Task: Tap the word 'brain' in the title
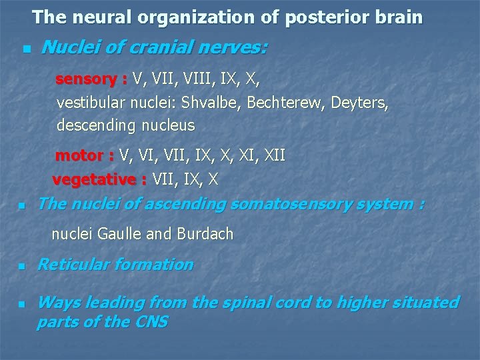pyautogui.click(x=397, y=17)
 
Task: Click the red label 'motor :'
pyautogui.click(x=84, y=156)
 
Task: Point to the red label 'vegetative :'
pyautogui.click(x=99, y=179)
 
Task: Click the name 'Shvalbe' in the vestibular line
pyautogui.click(x=207, y=103)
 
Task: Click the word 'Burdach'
pyautogui.click(x=205, y=234)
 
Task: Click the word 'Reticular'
pyautogui.click(x=73, y=265)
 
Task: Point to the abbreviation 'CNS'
pyautogui.click(x=150, y=322)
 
